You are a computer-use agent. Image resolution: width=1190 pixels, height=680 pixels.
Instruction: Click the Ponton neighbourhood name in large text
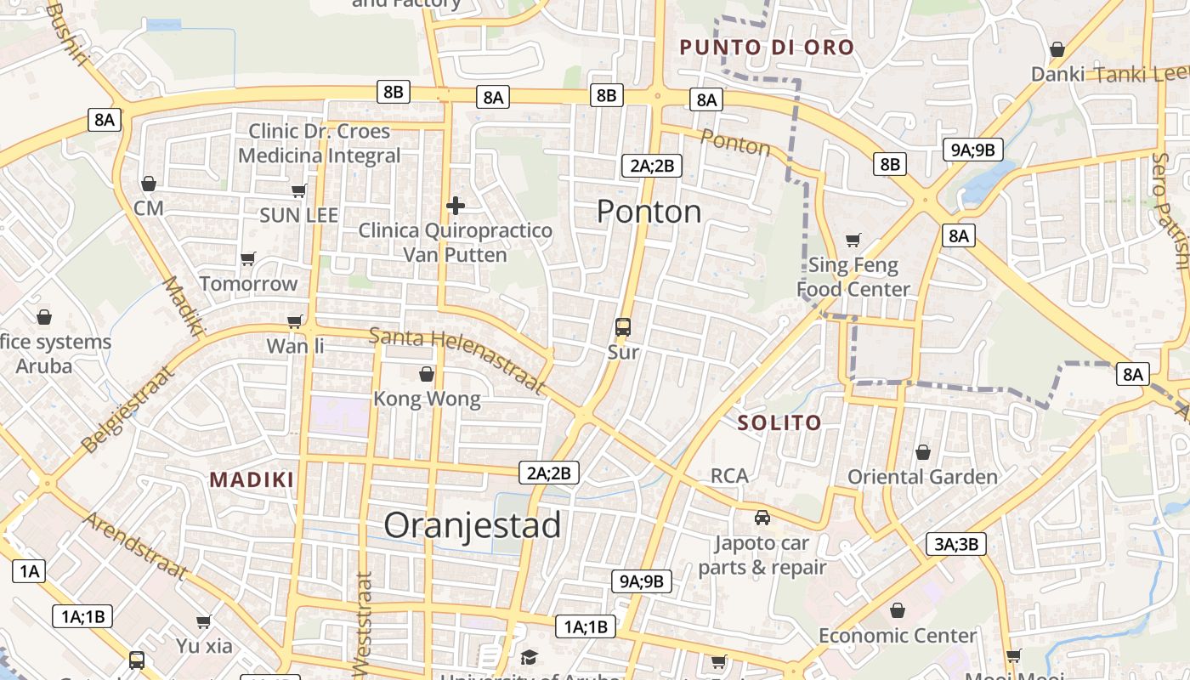(x=649, y=211)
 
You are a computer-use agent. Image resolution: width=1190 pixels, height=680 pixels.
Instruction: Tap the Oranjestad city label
(x=472, y=525)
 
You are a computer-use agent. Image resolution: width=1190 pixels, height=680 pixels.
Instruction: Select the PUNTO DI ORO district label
(x=767, y=48)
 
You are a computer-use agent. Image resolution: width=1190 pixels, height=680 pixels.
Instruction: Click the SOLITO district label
(x=779, y=422)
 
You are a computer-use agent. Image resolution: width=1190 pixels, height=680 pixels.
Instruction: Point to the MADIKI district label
(x=252, y=479)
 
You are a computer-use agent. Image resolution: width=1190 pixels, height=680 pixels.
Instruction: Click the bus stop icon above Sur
(x=623, y=327)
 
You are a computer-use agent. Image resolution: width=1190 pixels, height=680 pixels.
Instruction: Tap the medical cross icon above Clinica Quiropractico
(x=456, y=206)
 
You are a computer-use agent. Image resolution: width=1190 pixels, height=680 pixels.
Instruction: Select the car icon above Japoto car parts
(x=762, y=517)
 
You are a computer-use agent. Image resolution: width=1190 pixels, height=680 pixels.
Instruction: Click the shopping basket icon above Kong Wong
(x=427, y=374)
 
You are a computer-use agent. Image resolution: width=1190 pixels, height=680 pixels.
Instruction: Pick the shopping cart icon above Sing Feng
(x=853, y=241)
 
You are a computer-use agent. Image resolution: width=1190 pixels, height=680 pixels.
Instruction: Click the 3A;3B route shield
(x=956, y=545)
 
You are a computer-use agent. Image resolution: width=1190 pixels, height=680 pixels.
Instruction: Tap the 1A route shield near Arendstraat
(x=29, y=570)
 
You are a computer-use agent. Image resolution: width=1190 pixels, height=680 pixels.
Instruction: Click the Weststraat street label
(x=363, y=625)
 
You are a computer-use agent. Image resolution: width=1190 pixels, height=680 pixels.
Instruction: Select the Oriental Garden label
(x=922, y=477)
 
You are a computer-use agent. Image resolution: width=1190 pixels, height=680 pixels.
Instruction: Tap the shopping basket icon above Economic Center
(x=898, y=610)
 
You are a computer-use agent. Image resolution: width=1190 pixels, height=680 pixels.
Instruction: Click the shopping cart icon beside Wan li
(x=295, y=321)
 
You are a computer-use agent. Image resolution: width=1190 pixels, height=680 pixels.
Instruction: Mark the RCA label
(x=729, y=476)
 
